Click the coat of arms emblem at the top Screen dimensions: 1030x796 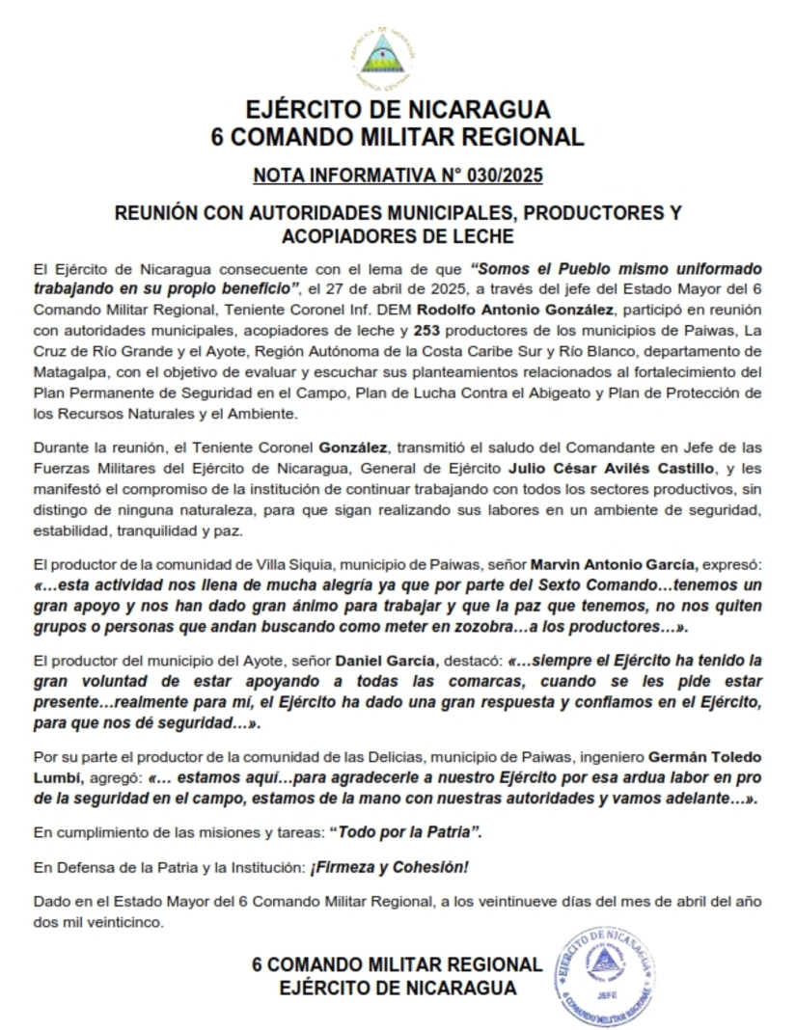[x=398, y=57]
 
